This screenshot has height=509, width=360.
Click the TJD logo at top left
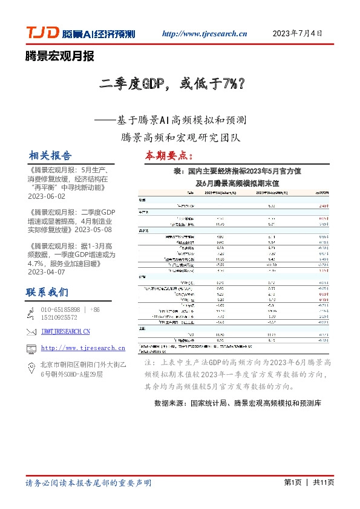pyautogui.click(x=42, y=33)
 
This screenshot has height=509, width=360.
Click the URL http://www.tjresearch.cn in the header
pyautogui.click(x=206, y=34)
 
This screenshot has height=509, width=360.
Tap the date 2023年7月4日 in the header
pyautogui.click(x=298, y=33)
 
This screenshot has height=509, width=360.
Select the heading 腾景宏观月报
pyautogui.click(x=60, y=57)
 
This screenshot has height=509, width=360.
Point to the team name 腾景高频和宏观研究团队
pyautogui.click(x=181, y=137)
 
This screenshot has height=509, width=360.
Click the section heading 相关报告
pyautogui.click(x=50, y=155)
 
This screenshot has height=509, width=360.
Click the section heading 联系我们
pyautogui.click(x=47, y=293)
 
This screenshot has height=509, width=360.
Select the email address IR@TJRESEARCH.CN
pyautogui.click(x=65, y=331)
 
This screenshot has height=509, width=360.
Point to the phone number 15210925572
pyautogui.click(x=59, y=317)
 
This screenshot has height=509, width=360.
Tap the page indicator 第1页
pyautogui.click(x=293, y=483)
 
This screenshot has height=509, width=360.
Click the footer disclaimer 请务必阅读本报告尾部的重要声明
pyautogui.click(x=88, y=483)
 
